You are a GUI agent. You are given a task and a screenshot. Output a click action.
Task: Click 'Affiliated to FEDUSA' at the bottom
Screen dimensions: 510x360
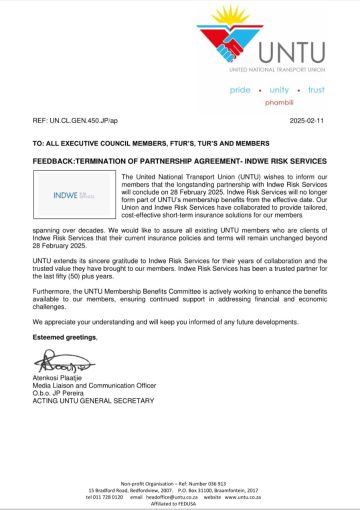click(x=180, y=502)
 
